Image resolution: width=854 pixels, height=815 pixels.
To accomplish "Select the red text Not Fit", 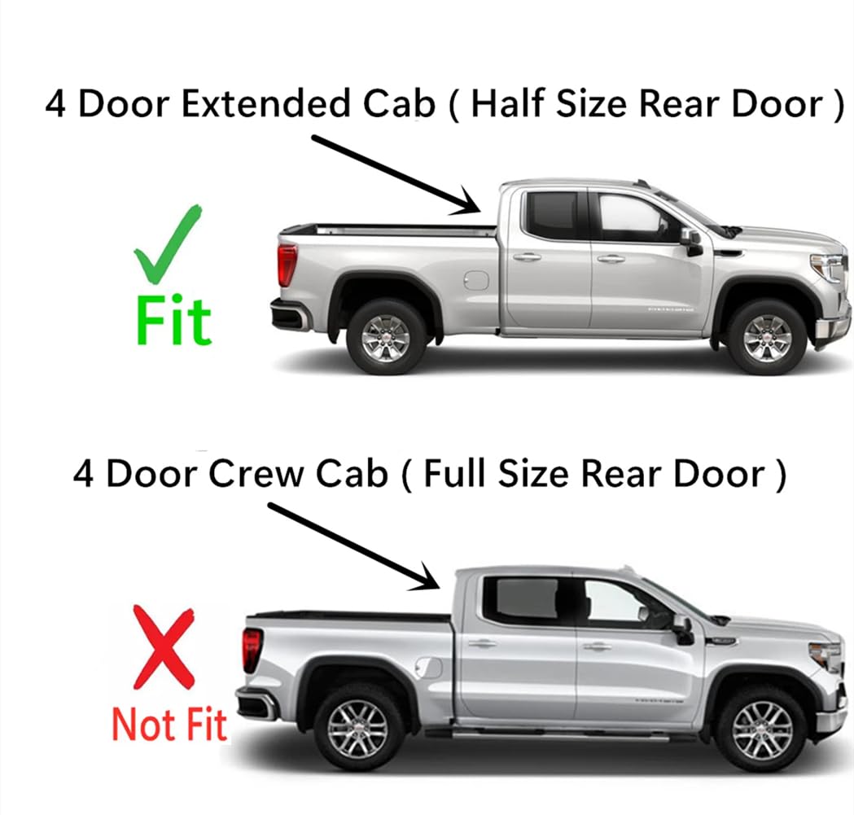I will click(169, 724).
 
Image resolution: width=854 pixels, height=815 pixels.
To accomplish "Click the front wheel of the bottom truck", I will click(760, 726).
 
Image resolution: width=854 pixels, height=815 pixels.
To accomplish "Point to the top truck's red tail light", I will click(287, 265).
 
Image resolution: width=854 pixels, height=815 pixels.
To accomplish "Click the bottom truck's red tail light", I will click(252, 649).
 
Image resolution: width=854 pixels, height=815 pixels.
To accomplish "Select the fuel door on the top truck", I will click(476, 280).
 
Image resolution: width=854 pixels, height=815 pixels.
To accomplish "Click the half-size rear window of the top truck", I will click(552, 215).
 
